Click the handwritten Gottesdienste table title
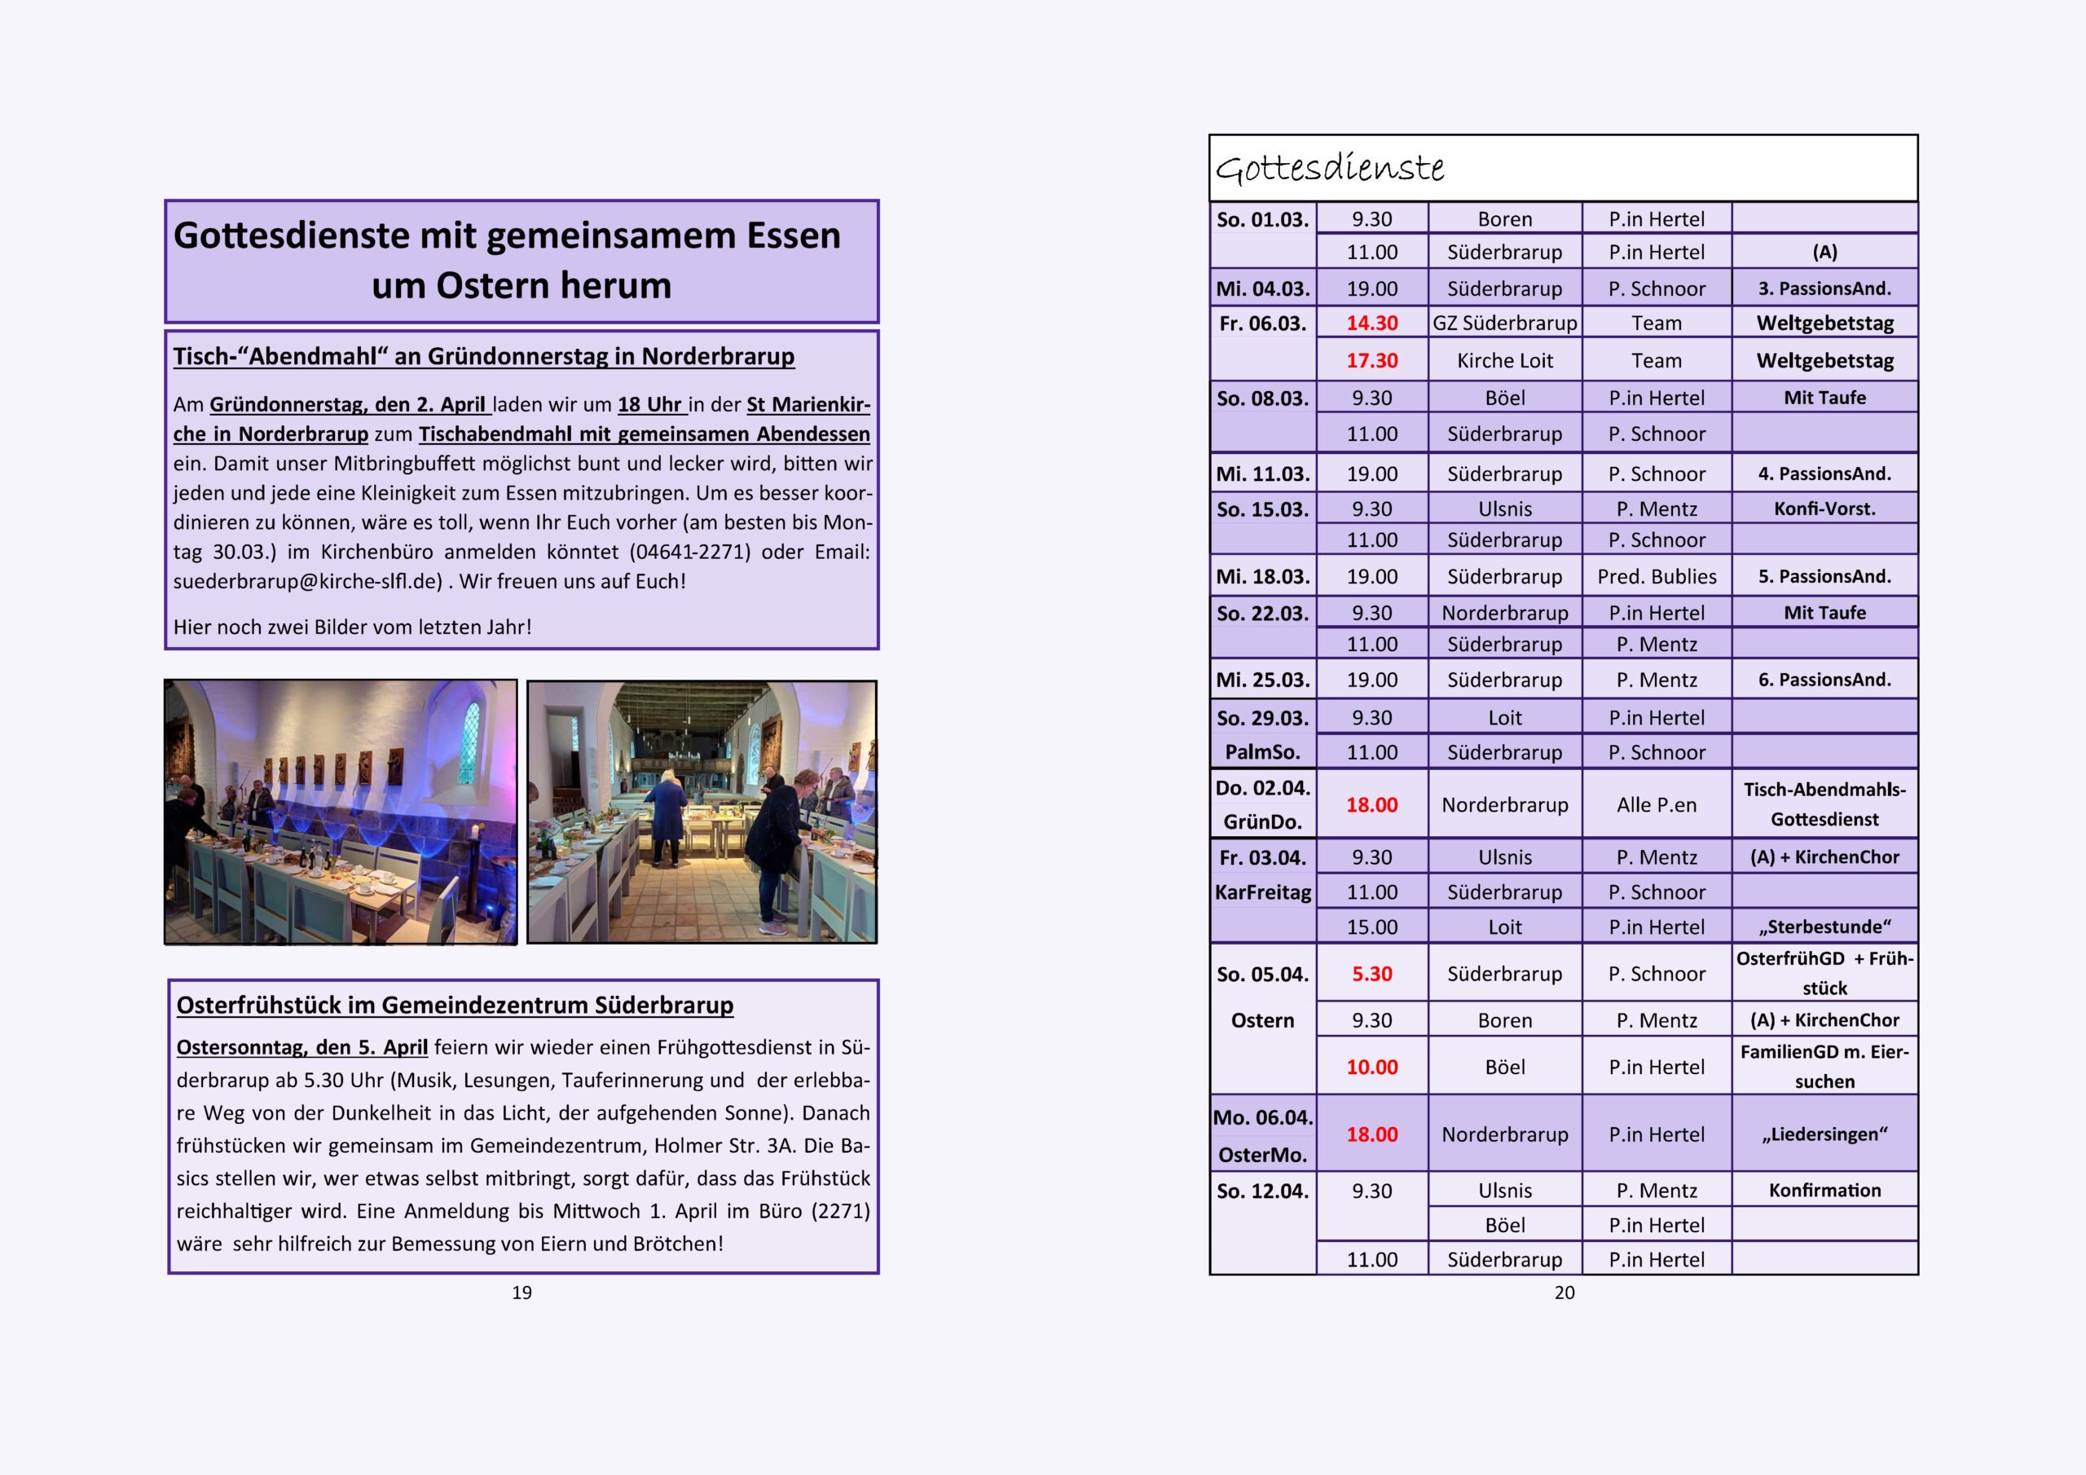1329,168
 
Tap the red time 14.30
1372,324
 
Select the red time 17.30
1372,361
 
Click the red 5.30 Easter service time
1372,975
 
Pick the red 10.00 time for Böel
1372,1067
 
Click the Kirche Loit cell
1504,361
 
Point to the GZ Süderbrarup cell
1504,324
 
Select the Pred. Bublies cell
1657,577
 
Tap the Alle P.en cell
1657,805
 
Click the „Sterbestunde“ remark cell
1824,927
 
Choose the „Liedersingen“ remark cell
1824,1134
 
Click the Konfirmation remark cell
1824,1191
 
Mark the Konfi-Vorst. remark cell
1824,509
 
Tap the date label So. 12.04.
1263,1191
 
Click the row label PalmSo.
1263,752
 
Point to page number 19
521,1292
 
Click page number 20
1564,1292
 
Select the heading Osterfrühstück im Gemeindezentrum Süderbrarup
454,1005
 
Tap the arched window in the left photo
469,742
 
